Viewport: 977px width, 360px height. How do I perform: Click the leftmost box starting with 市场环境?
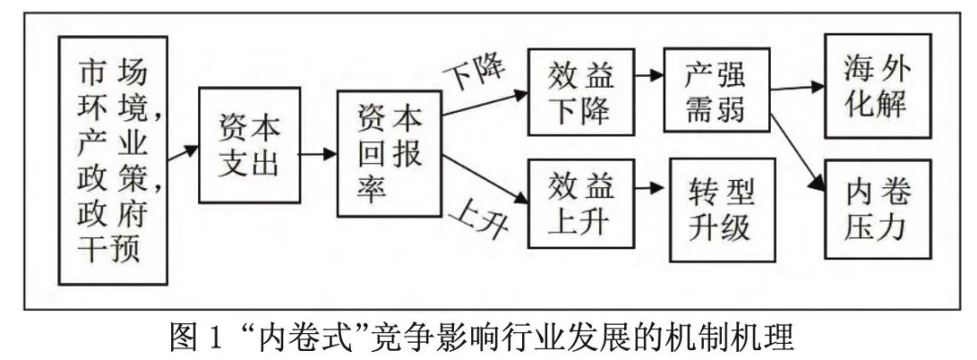click(112, 158)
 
